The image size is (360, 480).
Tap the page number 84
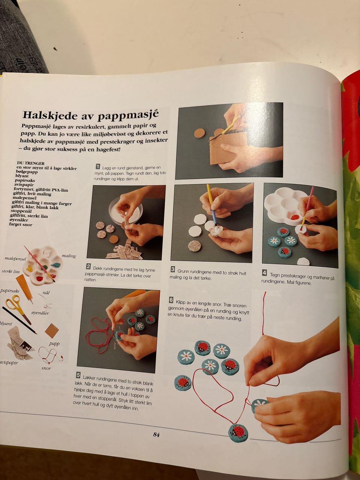click(156, 435)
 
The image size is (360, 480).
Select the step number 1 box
click(98, 166)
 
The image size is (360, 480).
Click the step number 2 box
click(88, 267)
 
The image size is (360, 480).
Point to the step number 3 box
click(172, 269)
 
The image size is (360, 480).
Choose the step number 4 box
click(264, 273)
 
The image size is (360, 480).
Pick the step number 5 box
click(78, 375)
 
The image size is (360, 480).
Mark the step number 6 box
click(171, 300)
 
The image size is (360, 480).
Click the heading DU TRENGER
click(31, 163)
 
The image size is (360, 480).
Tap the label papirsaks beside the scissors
click(9, 291)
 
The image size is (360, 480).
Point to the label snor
click(46, 368)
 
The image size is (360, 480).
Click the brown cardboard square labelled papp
click(52, 331)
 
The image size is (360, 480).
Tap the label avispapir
click(9, 363)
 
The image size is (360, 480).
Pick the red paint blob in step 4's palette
click(295, 217)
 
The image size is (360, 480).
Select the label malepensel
click(15, 259)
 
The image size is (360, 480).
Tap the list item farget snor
click(21, 224)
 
